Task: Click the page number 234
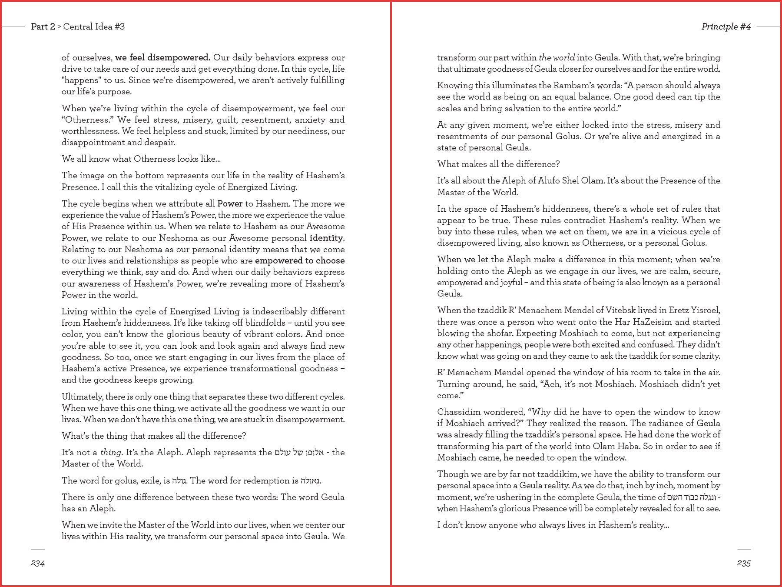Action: pos(38,564)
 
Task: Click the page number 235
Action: pos(744,564)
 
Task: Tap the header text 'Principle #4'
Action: pos(726,27)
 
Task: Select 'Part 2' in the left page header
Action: pos(43,27)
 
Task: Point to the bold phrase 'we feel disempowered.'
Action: pos(163,57)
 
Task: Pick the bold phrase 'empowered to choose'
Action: pos(300,260)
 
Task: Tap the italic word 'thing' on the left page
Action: pos(110,452)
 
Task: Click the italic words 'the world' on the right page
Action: pos(557,57)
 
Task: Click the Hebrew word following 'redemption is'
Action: pos(310,480)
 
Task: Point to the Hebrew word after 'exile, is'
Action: pos(179,480)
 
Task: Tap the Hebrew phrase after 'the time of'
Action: pos(692,497)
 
